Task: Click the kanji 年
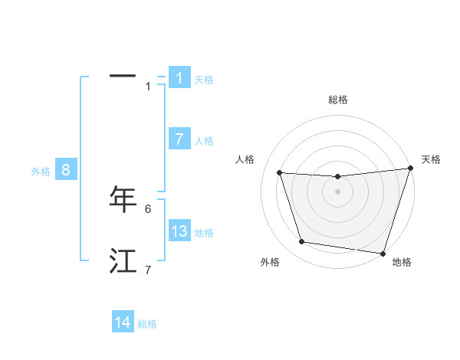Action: click(123, 199)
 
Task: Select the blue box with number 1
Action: click(179, 78)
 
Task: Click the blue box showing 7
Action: click(179, 139)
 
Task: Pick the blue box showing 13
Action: click(179, 231)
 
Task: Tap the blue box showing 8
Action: click(66, 170)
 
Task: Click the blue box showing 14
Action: click(123, 322)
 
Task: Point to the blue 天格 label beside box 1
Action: click(204, 80)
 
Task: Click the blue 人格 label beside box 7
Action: click(204, 141)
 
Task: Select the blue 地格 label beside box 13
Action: click(204, 233)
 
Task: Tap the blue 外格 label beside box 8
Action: click(41, 172)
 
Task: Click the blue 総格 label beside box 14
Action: click(147, 324)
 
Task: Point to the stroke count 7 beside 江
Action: click(148, 270)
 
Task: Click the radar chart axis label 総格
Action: click(338, 100)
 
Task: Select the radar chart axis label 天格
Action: click(431, 159)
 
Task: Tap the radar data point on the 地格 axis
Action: click(383, 253)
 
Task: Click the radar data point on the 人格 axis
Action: click(280, 173)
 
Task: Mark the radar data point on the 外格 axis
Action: click(302, 242)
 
